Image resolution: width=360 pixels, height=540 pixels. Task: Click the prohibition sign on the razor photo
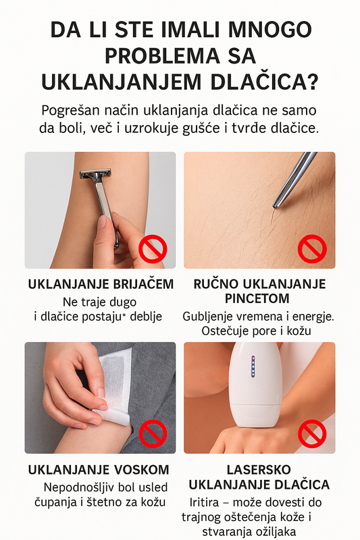point(153,248)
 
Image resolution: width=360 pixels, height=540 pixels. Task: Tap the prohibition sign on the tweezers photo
point(312,248)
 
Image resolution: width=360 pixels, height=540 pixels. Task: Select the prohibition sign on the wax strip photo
point(153,433)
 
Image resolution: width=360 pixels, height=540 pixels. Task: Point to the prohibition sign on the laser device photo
point(312,433)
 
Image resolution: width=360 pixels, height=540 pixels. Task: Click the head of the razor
point(95,173)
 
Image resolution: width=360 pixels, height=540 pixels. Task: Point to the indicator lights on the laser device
point(253,366)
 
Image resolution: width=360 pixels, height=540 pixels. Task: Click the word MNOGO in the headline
point(269,30)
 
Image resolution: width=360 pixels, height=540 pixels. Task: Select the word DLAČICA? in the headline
point(264,82)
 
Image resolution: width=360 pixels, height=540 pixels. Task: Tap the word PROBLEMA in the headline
point(162,56)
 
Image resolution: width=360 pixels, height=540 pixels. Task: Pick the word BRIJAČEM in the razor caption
point(143,284)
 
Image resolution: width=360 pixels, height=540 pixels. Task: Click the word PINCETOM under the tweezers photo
point(257,298)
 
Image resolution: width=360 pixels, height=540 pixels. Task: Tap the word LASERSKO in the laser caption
point(259,470)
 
